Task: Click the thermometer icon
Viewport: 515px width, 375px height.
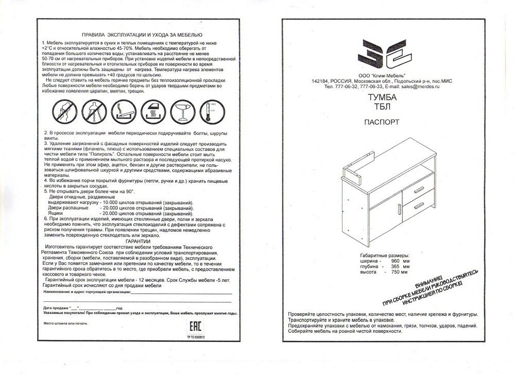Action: point(210,111)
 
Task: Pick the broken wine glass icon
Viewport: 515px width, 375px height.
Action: point(181,111)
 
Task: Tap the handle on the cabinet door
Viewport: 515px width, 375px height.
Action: point(399,209)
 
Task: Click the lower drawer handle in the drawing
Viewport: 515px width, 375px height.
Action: point(419,206)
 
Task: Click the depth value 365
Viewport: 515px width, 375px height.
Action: point(396,267)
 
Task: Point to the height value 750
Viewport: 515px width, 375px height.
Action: point(396,272)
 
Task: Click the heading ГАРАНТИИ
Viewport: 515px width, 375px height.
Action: point(138,241)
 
